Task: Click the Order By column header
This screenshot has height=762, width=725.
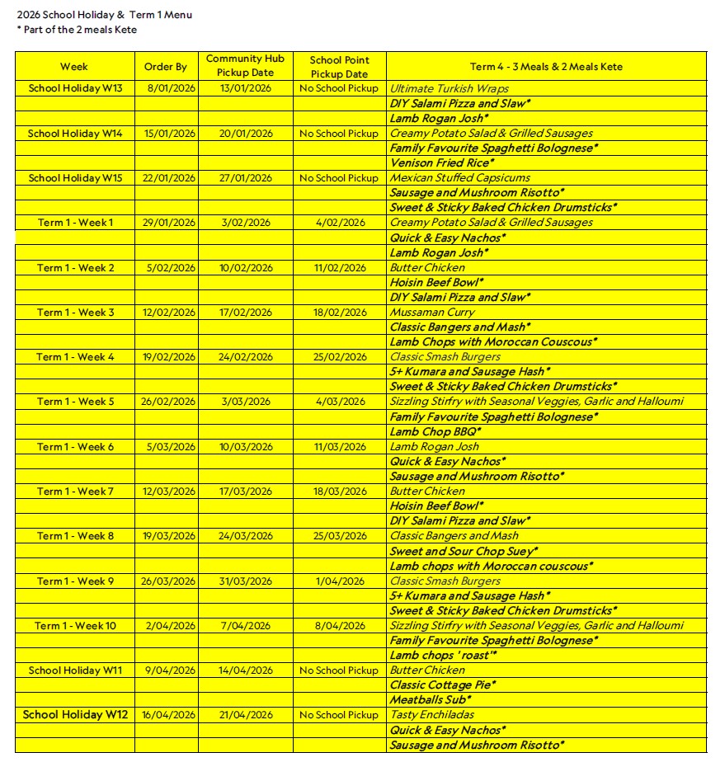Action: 165,67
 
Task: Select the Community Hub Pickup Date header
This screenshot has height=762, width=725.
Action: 245,66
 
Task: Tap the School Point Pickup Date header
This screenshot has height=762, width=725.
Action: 339,67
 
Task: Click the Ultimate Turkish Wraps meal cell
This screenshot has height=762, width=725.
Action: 449,89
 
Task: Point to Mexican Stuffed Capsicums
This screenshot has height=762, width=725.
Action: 459,178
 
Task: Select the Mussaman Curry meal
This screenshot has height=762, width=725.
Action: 432,313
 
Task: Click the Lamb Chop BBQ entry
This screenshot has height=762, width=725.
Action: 435,431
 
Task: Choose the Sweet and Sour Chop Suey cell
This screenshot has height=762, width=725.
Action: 464,551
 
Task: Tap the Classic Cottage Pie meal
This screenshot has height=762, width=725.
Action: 442,685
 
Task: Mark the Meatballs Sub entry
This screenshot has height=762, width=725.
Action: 430,700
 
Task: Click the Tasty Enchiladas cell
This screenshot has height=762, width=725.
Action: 431,715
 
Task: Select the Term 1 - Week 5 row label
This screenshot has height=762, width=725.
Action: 75,402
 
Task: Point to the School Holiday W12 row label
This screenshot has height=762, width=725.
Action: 75,715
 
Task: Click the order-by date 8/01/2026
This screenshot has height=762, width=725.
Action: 165,89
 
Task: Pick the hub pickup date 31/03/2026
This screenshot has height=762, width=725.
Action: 245,581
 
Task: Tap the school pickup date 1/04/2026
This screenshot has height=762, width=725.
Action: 339,581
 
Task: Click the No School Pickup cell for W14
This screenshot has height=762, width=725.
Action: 339,134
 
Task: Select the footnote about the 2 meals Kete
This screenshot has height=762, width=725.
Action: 77,30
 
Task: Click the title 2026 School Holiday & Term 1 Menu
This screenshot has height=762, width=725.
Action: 104,15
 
